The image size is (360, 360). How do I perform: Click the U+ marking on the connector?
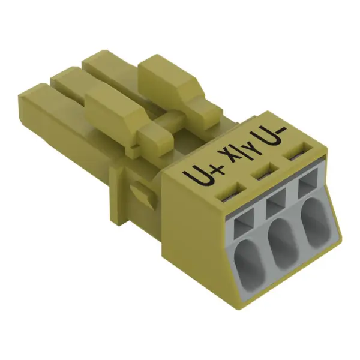tap(203, 176)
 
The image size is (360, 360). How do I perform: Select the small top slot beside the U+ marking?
tap(233, 192)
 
